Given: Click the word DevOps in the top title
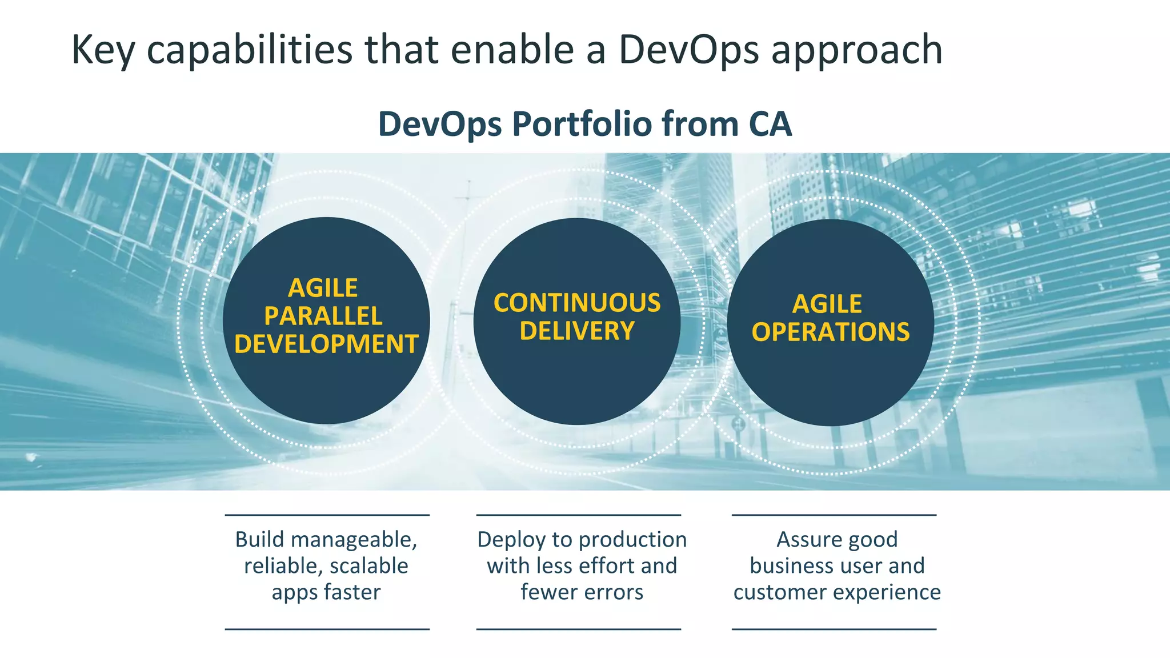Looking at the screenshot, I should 688,50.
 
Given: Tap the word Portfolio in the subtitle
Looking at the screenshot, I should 582,124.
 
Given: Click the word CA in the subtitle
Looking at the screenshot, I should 770,124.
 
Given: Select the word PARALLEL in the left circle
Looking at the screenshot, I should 323,316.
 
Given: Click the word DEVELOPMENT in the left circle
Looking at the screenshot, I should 326,344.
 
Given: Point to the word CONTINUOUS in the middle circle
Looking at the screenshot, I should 577,303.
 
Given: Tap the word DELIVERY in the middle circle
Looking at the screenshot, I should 577,331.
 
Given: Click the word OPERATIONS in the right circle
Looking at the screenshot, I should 830,332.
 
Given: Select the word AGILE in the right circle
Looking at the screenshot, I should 827,304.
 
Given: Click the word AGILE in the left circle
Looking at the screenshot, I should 323,288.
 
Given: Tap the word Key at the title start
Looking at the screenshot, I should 103,50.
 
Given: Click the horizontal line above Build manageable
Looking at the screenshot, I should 327,515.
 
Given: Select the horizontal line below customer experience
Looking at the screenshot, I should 834,629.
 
